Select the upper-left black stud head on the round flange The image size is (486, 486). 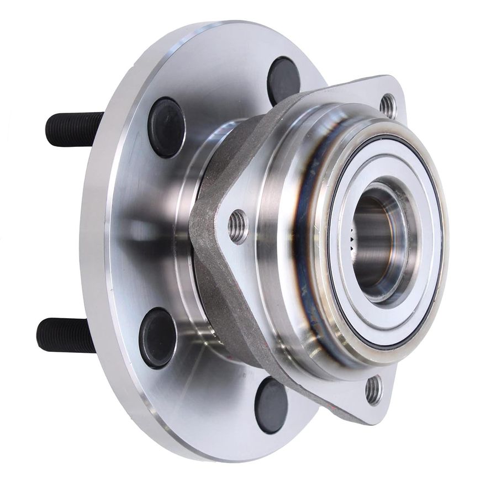(166, 127)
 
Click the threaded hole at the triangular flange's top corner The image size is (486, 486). (388, 105)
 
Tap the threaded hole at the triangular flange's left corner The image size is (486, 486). (238, 226)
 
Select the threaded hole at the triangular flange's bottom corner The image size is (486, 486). (374, 389)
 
